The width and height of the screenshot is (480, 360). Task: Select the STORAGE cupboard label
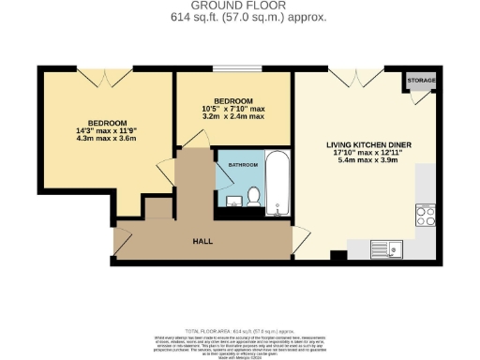[422, 82]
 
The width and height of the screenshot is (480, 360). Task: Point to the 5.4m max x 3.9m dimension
[368, 161]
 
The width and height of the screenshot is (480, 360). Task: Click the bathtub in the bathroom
[277, 184]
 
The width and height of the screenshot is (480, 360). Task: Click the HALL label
[202, 241]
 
